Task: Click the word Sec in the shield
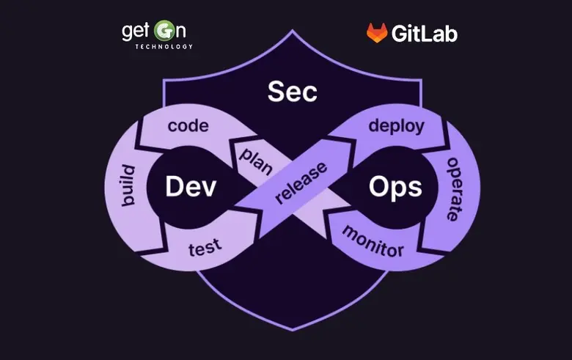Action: pyautogui.click(x=292, y=92)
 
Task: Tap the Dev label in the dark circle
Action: pyautogui.click(x=191, y=187)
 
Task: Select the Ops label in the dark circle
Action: pyautogui.click(x=395, y=187)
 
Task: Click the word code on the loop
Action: pyautogui.click(x=188, y=126)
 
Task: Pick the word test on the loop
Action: pyautogui.click(x=205, y=248)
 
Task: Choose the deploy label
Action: pyautogui.click(x=397, y=126)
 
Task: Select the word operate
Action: pyautogui.click(x=451, y=188)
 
